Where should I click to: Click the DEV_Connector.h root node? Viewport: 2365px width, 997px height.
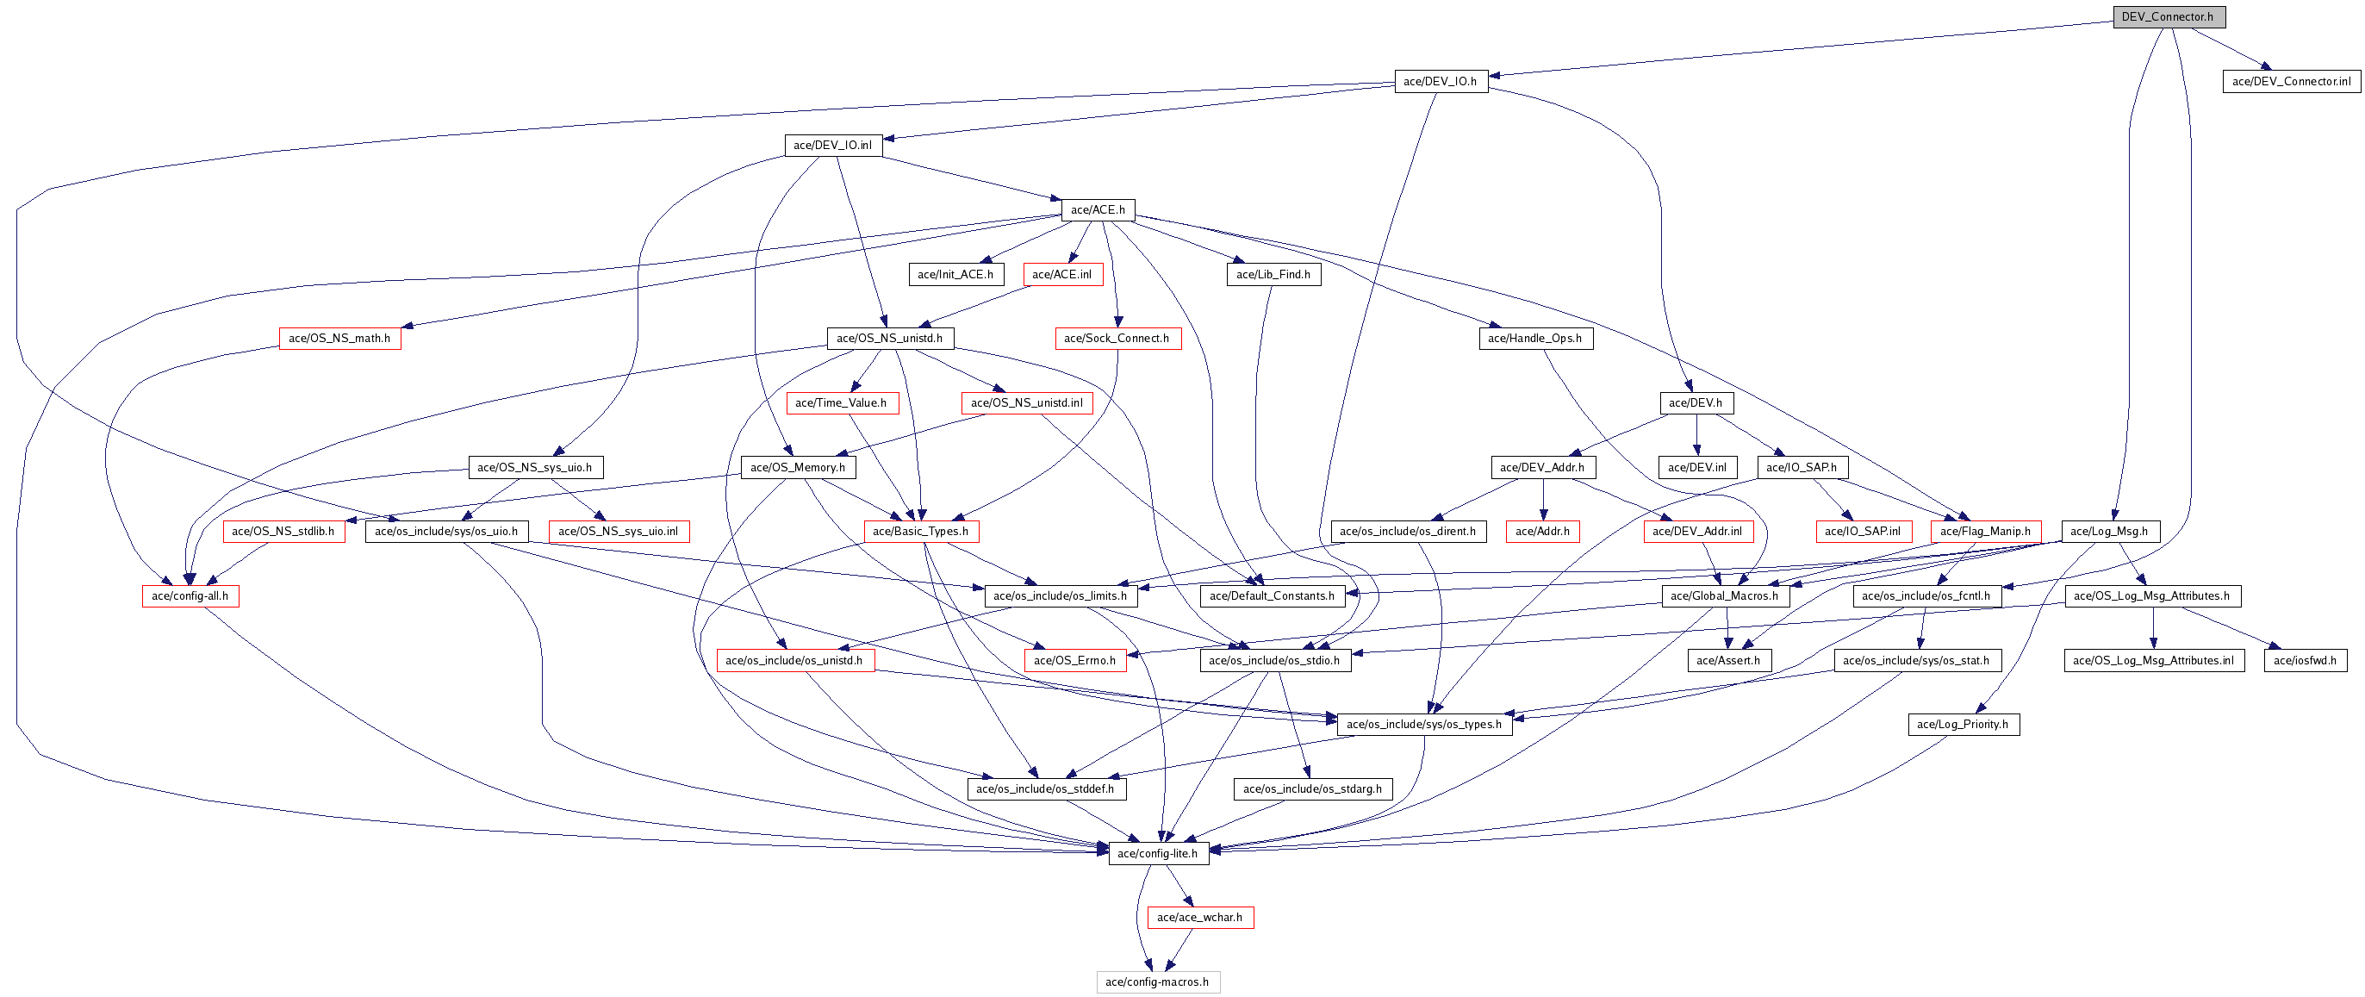tap(2168, 16)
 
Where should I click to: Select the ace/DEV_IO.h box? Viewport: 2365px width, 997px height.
tap(1440, 81)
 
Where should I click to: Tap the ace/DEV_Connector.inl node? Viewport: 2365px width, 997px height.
tap(2291, 81)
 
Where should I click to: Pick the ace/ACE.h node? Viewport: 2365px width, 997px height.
tap(1097, 209)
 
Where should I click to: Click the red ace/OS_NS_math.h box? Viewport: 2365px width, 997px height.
tap(339, 338)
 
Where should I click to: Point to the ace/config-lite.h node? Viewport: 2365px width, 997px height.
tap(1158, 853)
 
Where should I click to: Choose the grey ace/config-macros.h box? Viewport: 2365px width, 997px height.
tap(1157, 981)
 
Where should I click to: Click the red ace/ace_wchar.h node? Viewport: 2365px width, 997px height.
tap(1199, 917)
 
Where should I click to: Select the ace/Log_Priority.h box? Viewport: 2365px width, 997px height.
tap(1963, 725)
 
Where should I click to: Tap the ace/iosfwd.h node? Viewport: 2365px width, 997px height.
tap(2305, 660)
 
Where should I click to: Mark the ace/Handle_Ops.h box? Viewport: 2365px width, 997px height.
tap(1534, 338)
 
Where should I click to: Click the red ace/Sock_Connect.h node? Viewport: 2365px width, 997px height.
tap(1117, 338)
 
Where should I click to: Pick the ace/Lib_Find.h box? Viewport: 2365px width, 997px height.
tap(1273, 273)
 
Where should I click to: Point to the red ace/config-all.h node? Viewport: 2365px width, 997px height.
tap(190, 595)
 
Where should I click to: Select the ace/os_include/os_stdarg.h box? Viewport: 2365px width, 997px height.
tap(1312, 788)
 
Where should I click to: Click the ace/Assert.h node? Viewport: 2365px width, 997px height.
tap(1727, 660)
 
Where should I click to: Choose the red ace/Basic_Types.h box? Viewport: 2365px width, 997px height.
tap(920, 531)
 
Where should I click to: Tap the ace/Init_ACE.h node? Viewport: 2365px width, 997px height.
tap(955, 273)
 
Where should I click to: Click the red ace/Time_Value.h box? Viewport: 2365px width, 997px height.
tap(841, 402)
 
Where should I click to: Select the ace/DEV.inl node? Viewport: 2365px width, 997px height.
tap(1696, 467)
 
